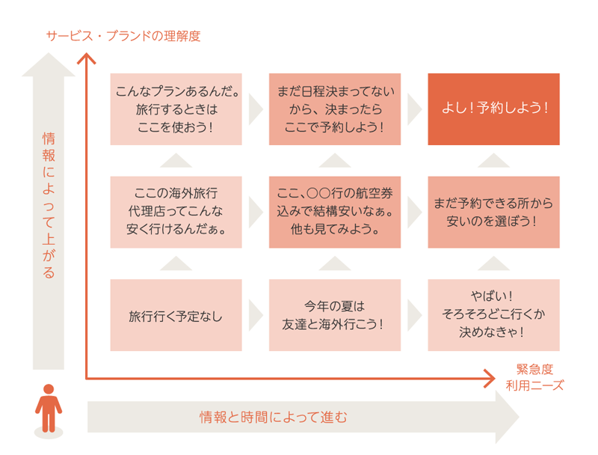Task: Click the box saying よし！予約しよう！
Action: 493,109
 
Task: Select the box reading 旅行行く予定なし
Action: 176,315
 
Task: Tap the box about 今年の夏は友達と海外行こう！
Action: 334,315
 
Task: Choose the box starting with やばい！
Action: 493,315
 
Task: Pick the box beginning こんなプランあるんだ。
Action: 176,109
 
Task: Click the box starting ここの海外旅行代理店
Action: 176,212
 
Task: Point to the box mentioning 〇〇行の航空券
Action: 334,212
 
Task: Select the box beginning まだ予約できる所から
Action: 493,212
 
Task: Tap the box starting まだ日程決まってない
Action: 334,109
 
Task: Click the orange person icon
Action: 49,409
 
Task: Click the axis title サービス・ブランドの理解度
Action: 123,36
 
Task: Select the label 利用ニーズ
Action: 534,386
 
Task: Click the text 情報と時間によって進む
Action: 273,417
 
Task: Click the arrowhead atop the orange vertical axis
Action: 88,57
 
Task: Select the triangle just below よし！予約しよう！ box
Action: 493,160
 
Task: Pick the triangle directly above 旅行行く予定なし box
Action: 176,263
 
